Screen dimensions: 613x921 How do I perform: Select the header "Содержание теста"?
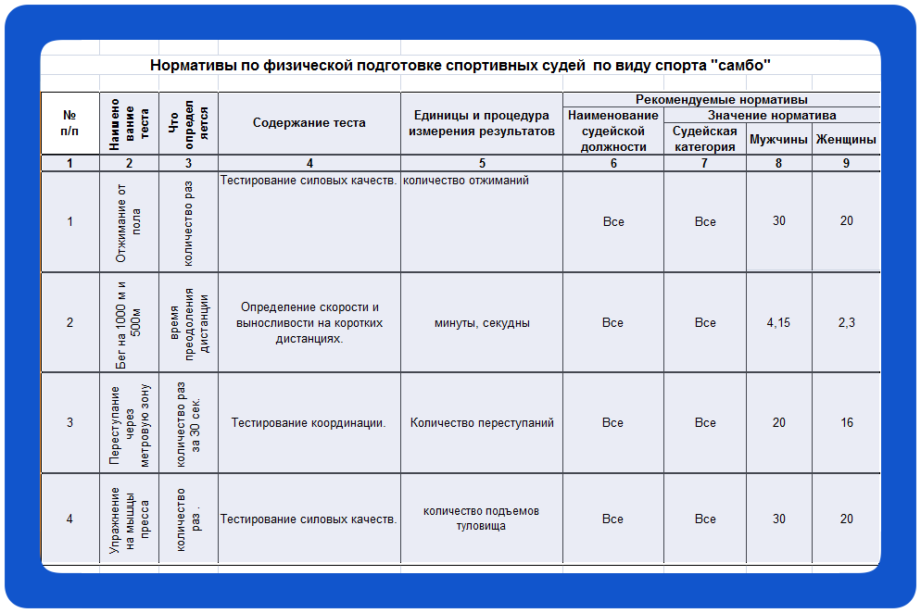[x=309, y=122]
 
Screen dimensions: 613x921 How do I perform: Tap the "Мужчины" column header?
[x=778, y=140]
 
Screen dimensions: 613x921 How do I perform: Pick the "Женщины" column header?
[x=845, y=140]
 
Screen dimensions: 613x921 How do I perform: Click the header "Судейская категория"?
[x=705, y=139]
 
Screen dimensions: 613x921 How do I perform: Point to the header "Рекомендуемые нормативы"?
[x=721, y=99]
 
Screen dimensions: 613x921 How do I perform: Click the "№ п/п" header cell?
[x=69, y=122]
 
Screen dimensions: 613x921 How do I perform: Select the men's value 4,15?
[x=778, y=323]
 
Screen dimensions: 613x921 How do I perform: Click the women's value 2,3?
[x=846, y=323]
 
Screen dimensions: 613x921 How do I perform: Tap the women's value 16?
[x=846, y=423]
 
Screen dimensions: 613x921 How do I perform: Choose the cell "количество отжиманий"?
[x=466, y=181]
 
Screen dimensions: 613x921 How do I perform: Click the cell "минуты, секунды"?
[x=482, y=323]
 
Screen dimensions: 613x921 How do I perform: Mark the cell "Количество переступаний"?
[x=482, y=423]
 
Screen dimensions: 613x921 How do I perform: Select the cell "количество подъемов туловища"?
[x=482, y=519]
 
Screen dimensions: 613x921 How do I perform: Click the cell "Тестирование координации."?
[x=309, y=423]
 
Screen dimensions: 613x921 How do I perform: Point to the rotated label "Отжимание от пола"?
[x=129, y=222]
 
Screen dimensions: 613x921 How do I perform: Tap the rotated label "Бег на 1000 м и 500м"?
[x=129, y=323]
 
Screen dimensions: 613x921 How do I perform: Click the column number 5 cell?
[x=482, y=164]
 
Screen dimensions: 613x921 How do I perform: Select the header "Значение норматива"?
[x=772, y=116]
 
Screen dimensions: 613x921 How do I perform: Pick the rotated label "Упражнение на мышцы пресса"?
[x=129, y=519]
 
